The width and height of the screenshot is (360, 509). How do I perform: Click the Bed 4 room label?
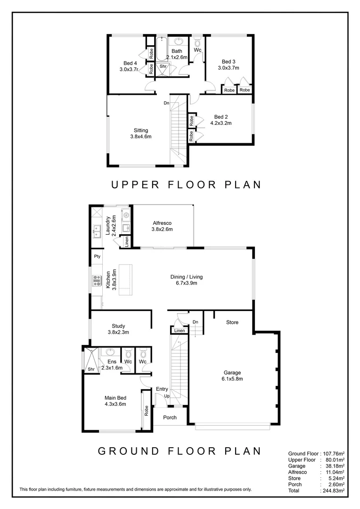[130, 63]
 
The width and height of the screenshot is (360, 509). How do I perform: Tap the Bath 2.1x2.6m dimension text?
[177, 57]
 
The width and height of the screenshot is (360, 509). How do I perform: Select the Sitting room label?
[140, 131]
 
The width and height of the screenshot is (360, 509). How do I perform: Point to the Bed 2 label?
[221, 117]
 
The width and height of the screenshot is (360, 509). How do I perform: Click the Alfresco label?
[162, 223]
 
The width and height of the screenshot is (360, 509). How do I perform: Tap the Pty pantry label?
[97, 257]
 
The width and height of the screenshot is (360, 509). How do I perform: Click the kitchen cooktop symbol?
[98, 280]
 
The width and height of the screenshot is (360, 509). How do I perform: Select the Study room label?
[118, 326]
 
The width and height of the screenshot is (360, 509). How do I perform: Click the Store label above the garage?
[232, 322]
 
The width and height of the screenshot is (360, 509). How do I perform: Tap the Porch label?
[170, 418]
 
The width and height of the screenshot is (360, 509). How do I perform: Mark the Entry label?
[162, 389]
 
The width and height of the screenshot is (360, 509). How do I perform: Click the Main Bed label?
[115, 398]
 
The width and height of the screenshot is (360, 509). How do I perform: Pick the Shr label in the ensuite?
[91, 369]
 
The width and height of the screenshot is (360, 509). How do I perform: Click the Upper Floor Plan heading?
[186, 185]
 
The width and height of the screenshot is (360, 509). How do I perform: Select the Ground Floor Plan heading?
[179, 451]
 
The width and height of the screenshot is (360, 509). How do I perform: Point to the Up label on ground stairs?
[167, 396]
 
